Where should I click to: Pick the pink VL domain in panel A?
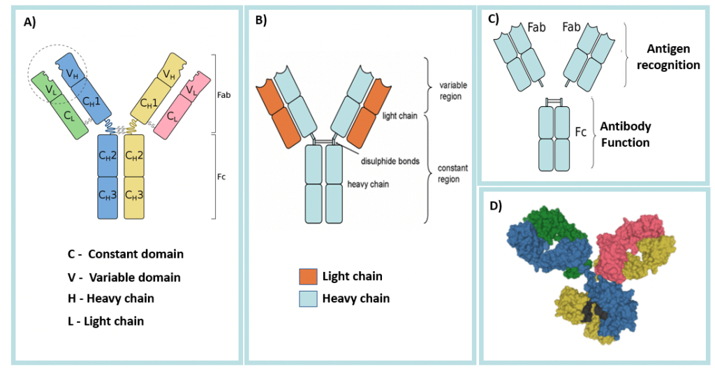pyautogui.click(x=188, y=90)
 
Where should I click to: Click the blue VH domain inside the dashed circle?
pyautogui.click(x=71, y=71)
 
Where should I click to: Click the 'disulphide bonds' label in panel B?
pyautogui.click(x=390, y=161)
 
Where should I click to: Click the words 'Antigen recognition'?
pyautogui.click(x=668, y=57)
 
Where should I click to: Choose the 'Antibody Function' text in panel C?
pyautogui.click(x=626, y=135)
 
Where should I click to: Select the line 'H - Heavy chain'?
pyautogui.click(x=111, y=298)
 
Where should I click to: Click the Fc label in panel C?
pyautogui.click(x=579, y=131)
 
